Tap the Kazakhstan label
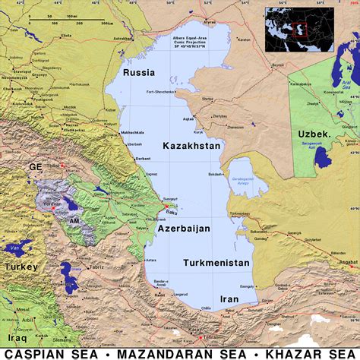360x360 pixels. [191, 145]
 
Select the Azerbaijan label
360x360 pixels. [185, 227]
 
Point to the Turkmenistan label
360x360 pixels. [216, 263]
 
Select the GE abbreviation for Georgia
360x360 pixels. [36, 165]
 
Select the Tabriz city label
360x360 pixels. [97, 267]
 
